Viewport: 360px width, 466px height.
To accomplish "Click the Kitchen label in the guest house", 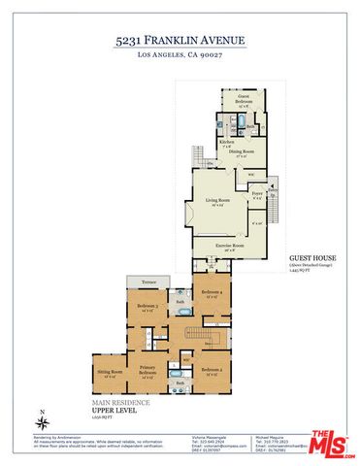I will pyautogui.click(x=226, y=143).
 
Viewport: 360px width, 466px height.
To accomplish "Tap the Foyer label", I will pyautogui.click(x=257, y=196).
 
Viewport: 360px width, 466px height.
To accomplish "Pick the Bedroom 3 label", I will pyautogui.click(x=147, y=308).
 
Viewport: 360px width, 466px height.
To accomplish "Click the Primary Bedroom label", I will pyautogui.click(x=147, y=371).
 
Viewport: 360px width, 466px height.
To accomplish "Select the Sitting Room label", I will pyautogui.click(x=110, y=373).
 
